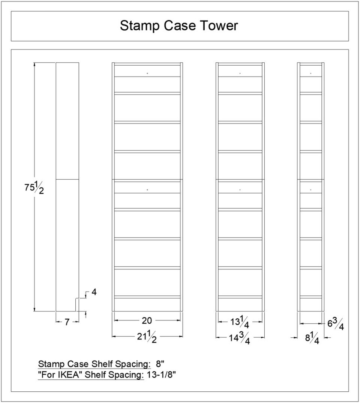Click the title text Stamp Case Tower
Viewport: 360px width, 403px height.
click(179, 26)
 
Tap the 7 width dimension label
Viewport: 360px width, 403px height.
click(67, 322)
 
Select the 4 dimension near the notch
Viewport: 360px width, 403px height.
click(94, 292)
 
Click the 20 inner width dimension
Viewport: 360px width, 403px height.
click(147, 320)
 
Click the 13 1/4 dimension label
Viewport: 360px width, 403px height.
click(240, 322)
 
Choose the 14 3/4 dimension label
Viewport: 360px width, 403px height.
click(240, 338)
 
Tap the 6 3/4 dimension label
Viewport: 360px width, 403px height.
click(336, 324)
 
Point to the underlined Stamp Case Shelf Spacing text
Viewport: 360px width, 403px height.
click(94, 364)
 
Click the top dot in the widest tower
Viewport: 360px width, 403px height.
click(147, 73)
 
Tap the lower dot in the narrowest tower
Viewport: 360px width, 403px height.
click(311, 190)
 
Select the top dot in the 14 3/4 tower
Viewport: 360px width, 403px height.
click(240, 73)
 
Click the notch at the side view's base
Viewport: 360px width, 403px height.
click(77, 305)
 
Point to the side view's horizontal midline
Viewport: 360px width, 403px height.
click(67, 180)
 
